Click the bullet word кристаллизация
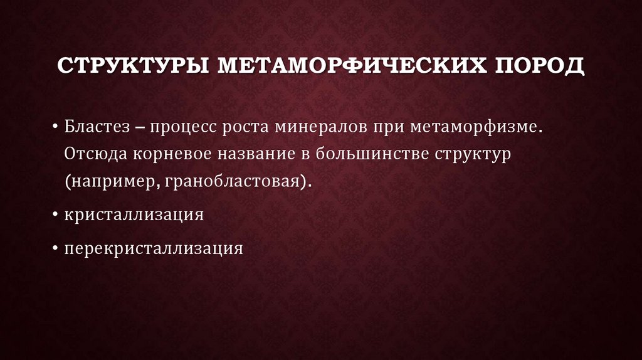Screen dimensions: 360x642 [134, 214]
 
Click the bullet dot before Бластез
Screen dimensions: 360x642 [56, 128]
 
